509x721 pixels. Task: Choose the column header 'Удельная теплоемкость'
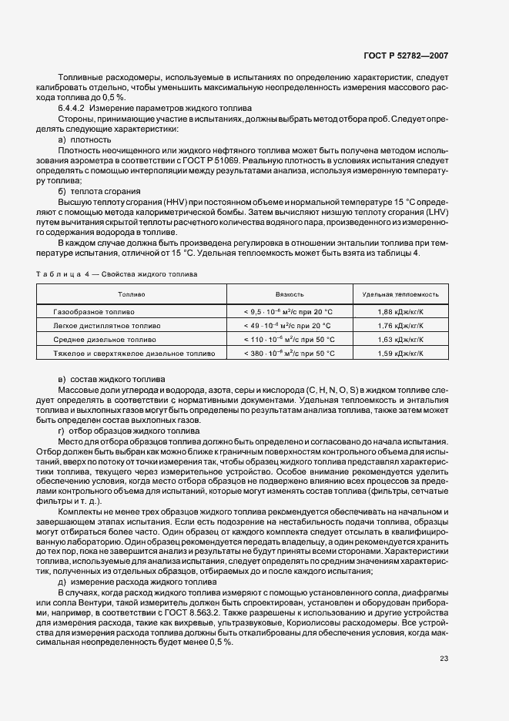pyautogui.click(x=401, y=294)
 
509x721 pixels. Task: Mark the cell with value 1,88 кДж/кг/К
pyautogui.click(x=401, y=312)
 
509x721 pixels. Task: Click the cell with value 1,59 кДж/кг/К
pyautogui.click(x=401, y=353)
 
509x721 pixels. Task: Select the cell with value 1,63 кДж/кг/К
pyautogui.click(x=401, y=339)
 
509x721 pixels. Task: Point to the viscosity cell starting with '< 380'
pyautogui.click(x=289, y=353)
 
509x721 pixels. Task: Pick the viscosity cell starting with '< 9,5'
pyautogui.click(x=289, y=312)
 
